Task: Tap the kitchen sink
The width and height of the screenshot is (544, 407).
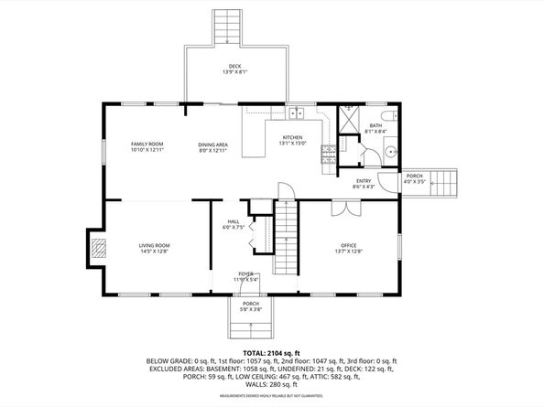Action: (x=297, y=114)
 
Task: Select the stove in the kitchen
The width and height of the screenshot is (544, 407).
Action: (x=326, y=155)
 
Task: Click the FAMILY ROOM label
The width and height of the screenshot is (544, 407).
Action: (x=147, y=145)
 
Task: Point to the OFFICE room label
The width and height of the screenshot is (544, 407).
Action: (x=349, y=245)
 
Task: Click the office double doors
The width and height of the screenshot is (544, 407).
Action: (x=345, y=208)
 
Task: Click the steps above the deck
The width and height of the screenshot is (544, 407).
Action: (x=225, y=27)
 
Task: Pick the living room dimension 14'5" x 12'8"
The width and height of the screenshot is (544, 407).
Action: (x=155, y=251)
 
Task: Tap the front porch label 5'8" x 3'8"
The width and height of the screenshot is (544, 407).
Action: (x=251, y=310)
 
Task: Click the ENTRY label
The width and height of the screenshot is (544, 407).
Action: (x=363, y=181)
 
